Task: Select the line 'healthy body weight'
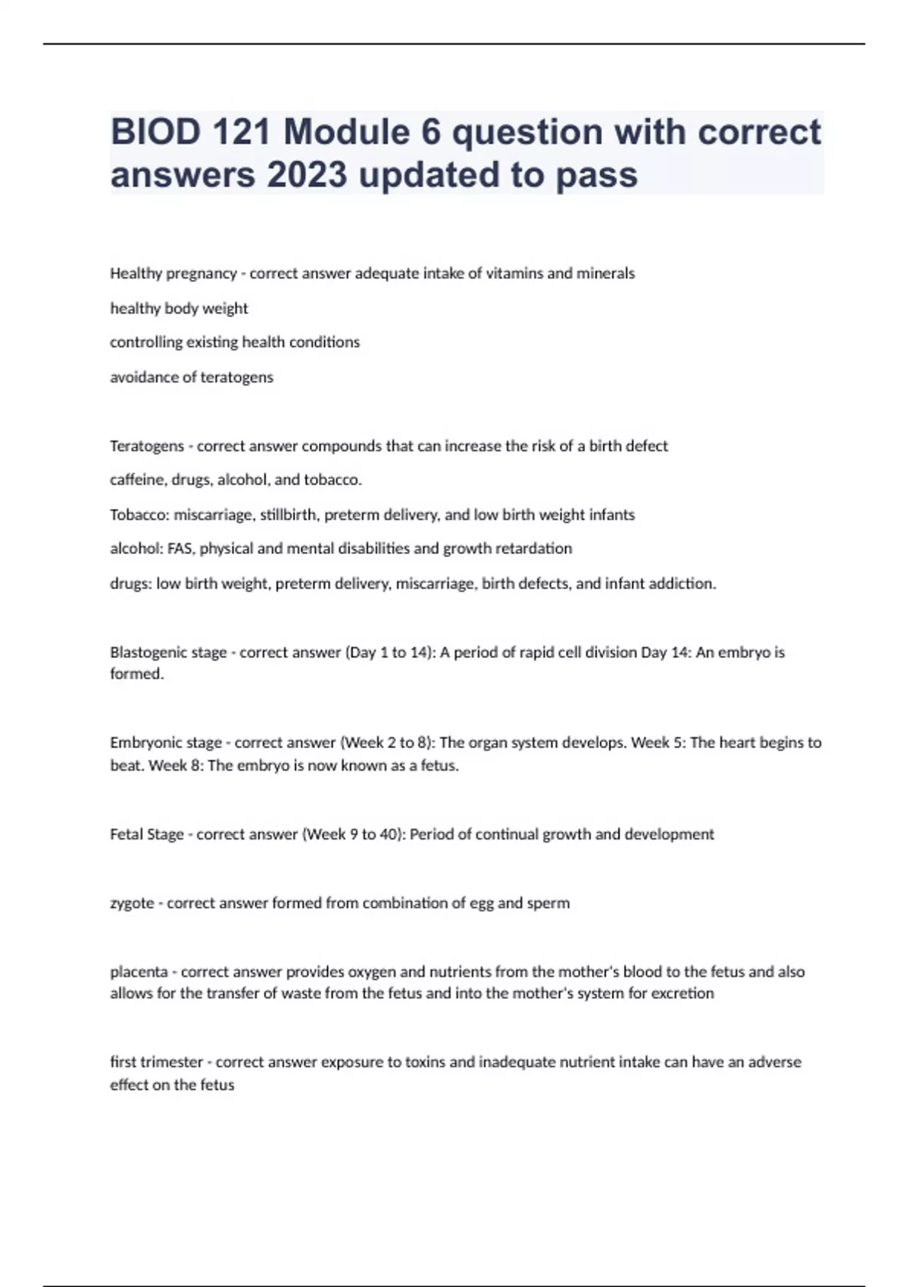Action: click(x=179, y=308)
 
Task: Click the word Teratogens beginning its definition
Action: click(x=147, y=446)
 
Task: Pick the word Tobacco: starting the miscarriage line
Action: click(x=139, y=515)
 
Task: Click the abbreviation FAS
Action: click(x=180, y=549)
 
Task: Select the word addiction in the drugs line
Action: click(x=686, y=584)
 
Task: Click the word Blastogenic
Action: click(x=147, y=653)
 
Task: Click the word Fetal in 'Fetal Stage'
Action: click(x=126, y=834)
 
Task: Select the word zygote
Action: click(x=132, y=903)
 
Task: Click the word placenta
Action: click(x=139, y=972)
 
